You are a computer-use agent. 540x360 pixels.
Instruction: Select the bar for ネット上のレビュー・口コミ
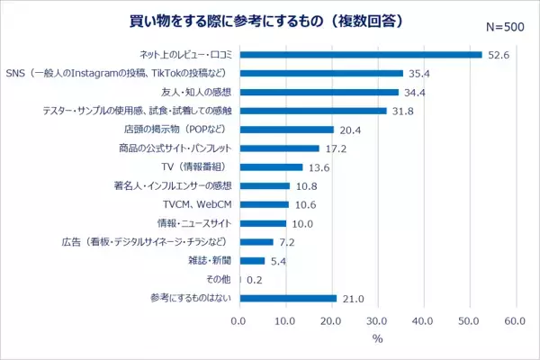click(360, 54)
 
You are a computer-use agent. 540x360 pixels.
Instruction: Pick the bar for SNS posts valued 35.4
click(320, 73)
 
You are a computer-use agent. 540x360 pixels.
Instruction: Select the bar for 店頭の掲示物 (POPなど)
click(285, 130)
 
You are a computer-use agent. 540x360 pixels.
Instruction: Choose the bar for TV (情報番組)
click(270, 167)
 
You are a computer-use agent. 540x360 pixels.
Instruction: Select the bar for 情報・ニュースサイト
click(262, 223)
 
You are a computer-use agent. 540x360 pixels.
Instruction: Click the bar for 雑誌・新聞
click(251, 261)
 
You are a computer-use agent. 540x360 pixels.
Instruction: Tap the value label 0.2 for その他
click(255, 280)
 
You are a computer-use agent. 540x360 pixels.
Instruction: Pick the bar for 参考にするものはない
click(287, 298)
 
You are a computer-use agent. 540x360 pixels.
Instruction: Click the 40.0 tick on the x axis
click(423, 320)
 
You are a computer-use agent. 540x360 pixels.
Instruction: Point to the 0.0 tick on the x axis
click(238, 320)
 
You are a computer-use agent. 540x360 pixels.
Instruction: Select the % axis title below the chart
click(377, 339)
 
